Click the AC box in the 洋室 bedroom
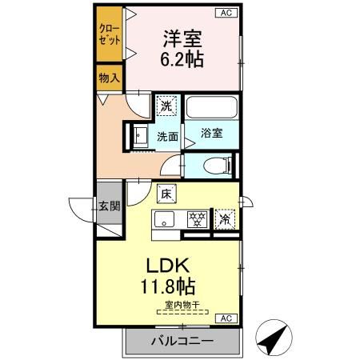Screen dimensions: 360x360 click(x=226, y=13)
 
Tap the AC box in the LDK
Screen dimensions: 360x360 click(x=226, y=318)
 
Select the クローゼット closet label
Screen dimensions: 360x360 click(x=110, y=34)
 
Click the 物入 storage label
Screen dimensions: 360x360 click(x=110, y=78)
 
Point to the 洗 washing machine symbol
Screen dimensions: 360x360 click(x=166, y=106)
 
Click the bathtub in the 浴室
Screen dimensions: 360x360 click(x=212, y=107)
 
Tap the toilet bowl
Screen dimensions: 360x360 click(x=217, y=166)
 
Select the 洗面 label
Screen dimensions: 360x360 click(x=167, y=137)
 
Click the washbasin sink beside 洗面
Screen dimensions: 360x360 click(x=139, y=136)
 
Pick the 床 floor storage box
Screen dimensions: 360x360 click(x=166, y=194)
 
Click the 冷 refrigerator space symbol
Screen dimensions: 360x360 click(x=226, y=219)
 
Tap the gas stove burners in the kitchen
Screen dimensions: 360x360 click(x=198, y=219)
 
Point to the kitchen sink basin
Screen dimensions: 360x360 click(x=164, y=219)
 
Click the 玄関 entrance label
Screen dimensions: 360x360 click(x=110, y=206)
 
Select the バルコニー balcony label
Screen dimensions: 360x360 click(x=182, y=341)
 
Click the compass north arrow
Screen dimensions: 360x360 click(x=274, y=338)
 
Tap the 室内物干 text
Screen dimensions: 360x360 click(x=182, y=305)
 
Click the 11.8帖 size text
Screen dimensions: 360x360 click(x=168, y=286)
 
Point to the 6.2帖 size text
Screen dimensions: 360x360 click(x=182, y=58)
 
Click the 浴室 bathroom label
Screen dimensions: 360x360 click(x=212, y=133)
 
